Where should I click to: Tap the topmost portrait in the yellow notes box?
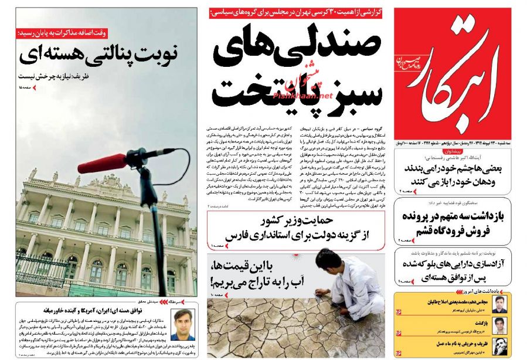(x=498, y=304)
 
